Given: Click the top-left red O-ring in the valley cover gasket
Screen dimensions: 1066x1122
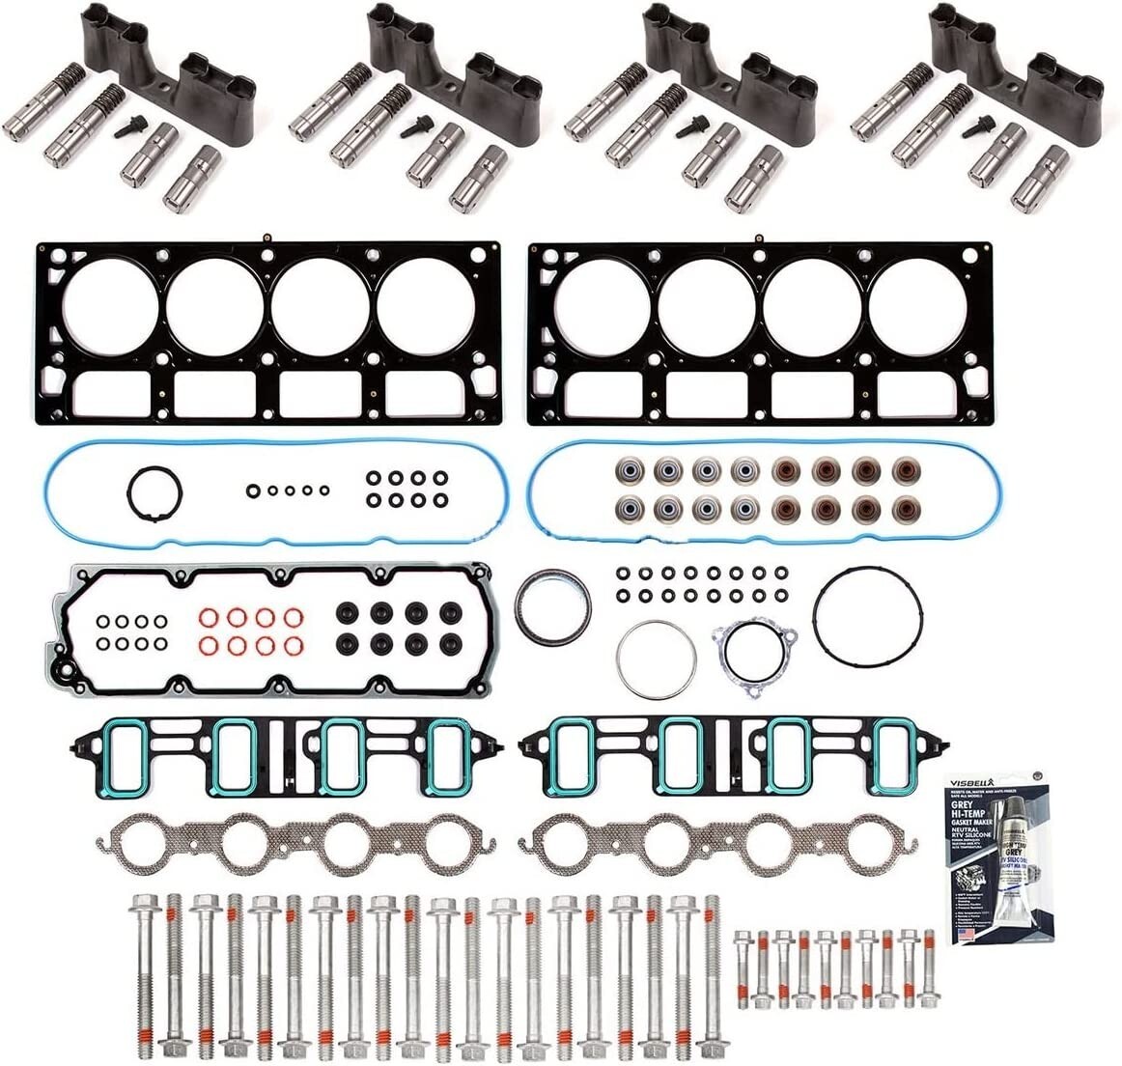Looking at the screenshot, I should (209, 618).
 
